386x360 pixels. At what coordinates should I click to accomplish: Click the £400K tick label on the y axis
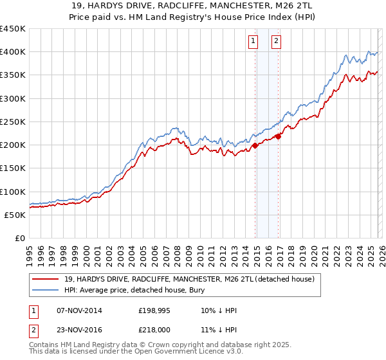click(13, 52)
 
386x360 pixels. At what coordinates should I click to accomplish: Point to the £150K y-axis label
click(13, 168)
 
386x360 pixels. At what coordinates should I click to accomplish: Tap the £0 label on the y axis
click(21, 239)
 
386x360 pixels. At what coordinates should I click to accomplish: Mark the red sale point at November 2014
click(255, 145)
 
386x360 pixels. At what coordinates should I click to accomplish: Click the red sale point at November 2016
click(279, 136)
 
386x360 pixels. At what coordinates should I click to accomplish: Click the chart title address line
click(193, 6)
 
